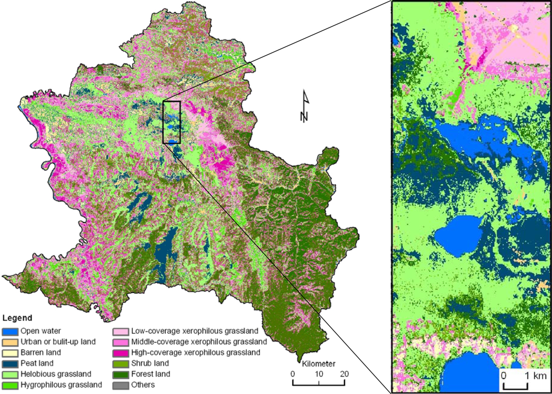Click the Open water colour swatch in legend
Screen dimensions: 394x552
(10, 332)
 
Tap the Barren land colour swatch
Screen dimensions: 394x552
(10, 353)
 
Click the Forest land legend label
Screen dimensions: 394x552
(151, 374)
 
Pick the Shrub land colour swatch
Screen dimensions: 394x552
(121, 364)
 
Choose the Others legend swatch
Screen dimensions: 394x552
(121, 385)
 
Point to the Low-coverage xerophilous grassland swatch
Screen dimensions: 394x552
(121, 332)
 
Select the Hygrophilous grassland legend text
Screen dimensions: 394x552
(61, 385)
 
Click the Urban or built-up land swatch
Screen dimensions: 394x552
(10, 342)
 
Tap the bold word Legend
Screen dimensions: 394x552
(17, 318)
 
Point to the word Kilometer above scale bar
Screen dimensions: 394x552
(319, 364)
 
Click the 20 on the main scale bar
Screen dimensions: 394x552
(344, 375)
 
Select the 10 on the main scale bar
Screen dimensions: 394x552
(319, 375)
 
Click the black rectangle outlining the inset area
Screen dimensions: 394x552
(172, 122)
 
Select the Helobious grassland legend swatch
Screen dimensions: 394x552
(10, 374)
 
